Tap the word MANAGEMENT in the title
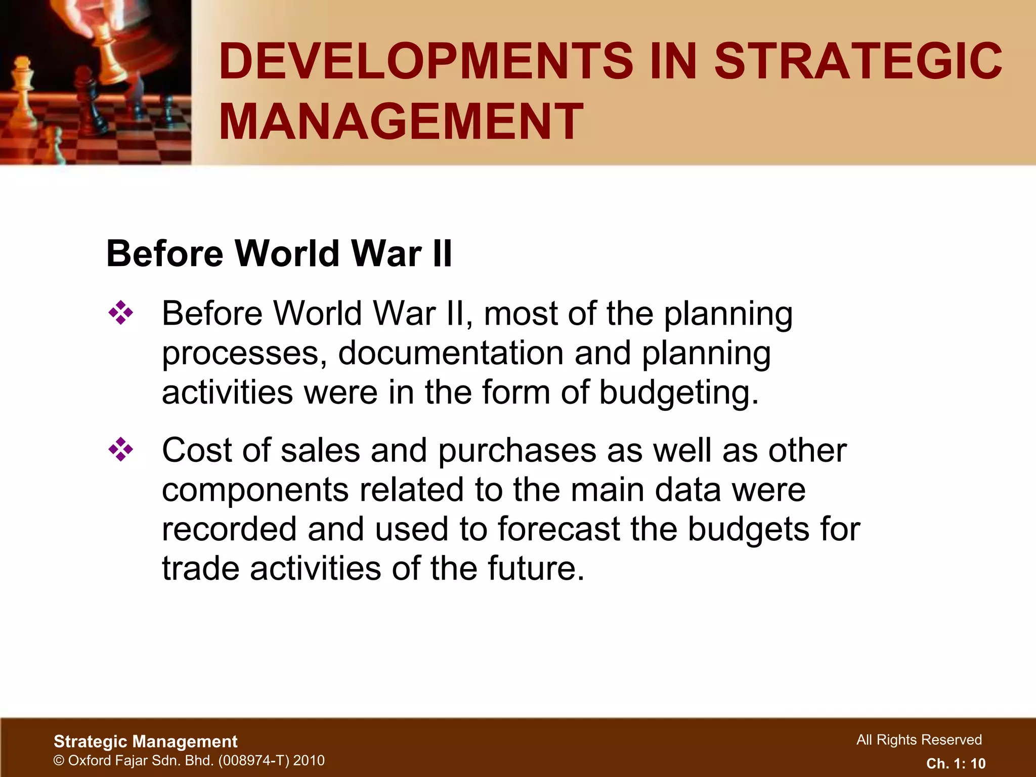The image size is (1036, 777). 401,121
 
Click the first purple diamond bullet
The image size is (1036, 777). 120,313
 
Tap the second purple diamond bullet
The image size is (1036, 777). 120,449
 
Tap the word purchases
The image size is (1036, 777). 517,451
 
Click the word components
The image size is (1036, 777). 255,490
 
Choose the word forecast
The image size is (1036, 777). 558,529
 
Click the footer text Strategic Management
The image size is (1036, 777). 145,742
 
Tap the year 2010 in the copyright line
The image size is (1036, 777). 309,760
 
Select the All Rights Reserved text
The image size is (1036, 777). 919,740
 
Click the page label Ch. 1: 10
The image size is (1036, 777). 956,763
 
